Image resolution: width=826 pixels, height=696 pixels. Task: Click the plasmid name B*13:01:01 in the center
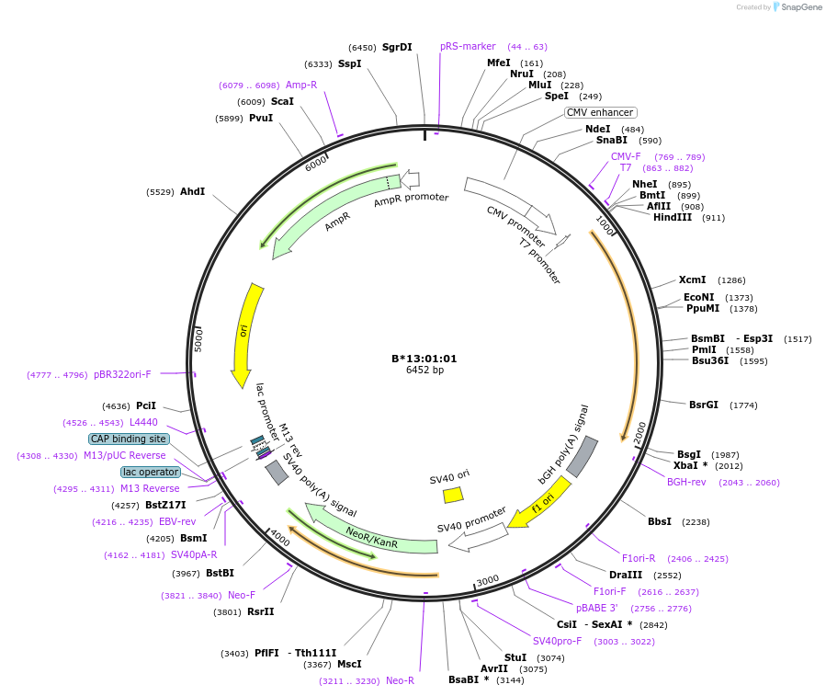point(424,359)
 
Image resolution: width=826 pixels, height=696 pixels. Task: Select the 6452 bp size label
point(424,371)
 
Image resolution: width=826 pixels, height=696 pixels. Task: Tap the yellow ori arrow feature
point(244,334)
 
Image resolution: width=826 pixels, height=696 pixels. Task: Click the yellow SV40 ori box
point(453,495)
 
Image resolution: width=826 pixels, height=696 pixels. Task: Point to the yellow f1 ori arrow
point(542,503)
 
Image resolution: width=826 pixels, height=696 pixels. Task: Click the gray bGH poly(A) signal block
point(583,456)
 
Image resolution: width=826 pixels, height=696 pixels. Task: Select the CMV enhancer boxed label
point(600,112)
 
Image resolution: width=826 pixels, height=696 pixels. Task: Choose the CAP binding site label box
point(129,439)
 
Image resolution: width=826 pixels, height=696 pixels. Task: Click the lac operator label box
point(151,472)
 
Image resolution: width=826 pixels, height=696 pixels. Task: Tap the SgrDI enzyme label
point(397,47)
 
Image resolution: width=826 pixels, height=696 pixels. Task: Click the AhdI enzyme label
point(192,191)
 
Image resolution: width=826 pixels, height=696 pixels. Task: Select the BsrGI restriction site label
point(704,405)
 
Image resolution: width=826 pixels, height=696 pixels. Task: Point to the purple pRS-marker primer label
point(468,46)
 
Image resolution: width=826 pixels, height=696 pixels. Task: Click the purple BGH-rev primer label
point(686,482)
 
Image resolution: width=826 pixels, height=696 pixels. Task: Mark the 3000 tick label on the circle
point(487,579)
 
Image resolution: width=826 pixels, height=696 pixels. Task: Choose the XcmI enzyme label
point(692,280)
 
